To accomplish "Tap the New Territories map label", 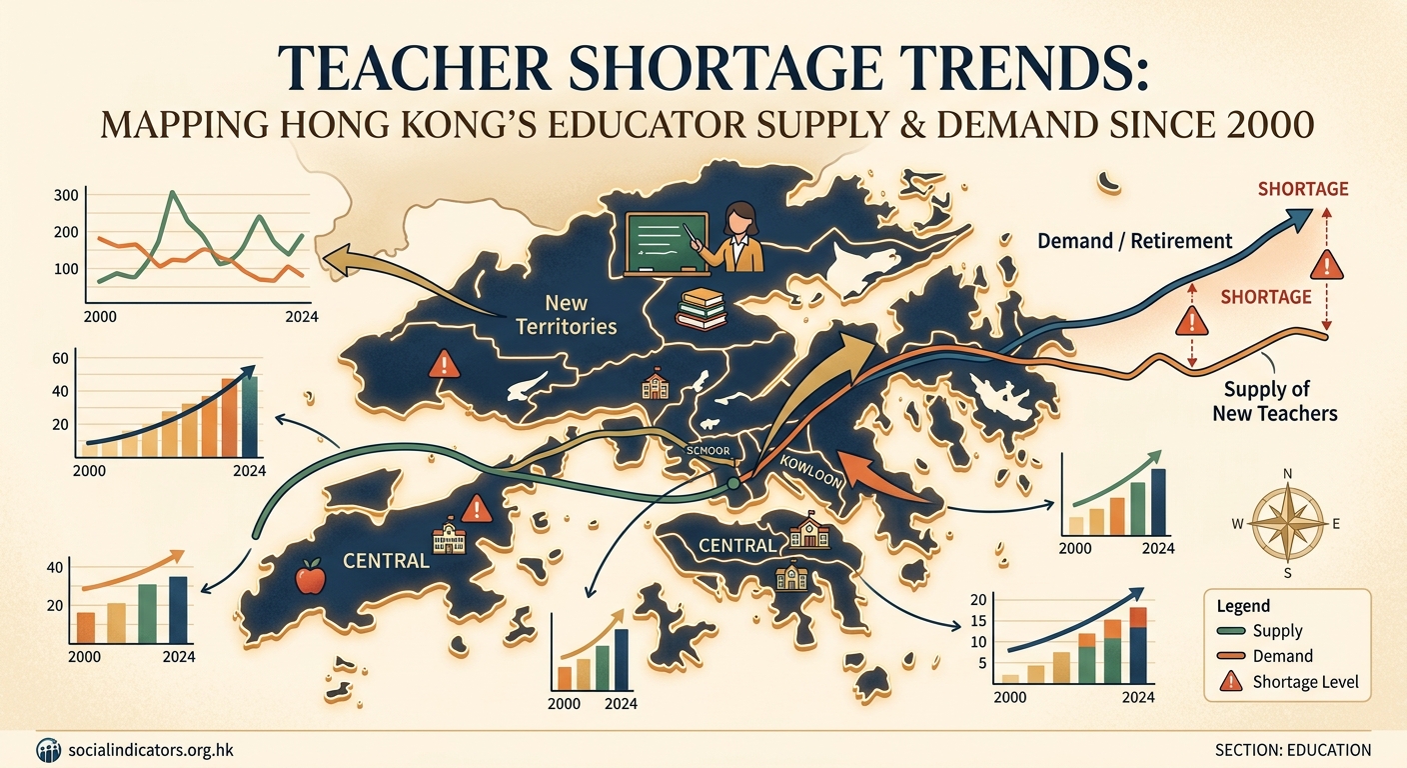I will [567, 313].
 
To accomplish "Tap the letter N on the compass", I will [1287, 474].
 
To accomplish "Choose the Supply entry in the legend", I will [1277, 631].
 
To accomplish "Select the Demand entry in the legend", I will [1282, 657].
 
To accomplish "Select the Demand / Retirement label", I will [1134, 241].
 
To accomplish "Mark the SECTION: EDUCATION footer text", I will [1293, 750].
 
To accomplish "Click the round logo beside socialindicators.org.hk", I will [48, 750].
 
